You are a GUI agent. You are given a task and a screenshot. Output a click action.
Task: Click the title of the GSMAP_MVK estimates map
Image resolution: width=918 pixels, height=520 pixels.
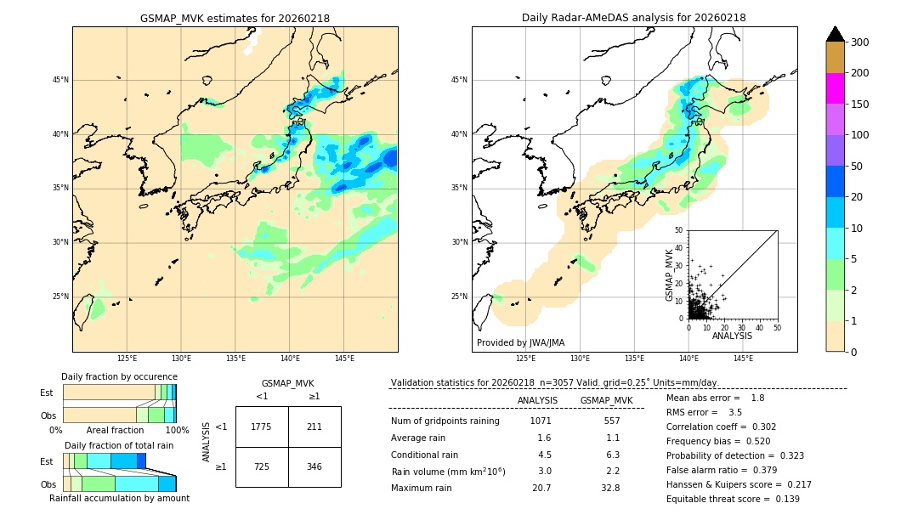point(235,18)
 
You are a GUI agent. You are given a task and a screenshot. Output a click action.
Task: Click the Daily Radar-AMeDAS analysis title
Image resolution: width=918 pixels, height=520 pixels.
point(634,18)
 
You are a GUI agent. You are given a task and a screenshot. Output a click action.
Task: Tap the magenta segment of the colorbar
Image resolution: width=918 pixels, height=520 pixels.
point(836,88)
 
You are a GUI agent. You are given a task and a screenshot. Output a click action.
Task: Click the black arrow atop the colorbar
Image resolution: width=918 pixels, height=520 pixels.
point(836,34)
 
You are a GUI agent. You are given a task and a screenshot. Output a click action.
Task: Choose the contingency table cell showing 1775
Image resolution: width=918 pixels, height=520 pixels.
point(262,427)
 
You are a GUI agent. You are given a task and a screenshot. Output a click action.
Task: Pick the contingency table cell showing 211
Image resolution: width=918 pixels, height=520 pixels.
point(314,427)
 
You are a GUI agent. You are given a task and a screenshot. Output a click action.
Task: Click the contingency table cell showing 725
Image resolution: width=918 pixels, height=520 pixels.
point(262,466)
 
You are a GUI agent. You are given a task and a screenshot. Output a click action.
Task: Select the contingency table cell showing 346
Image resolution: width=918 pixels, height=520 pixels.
point(314,466)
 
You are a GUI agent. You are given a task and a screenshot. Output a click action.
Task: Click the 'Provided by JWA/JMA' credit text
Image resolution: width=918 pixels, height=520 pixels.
point(520,342)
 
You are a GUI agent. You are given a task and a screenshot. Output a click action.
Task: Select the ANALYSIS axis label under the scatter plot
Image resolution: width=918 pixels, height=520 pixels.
point(732,336)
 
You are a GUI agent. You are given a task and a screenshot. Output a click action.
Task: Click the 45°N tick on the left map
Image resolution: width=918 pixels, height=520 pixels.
point(60,80)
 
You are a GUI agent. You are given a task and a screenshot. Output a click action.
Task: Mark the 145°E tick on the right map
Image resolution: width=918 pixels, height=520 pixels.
point(743,359)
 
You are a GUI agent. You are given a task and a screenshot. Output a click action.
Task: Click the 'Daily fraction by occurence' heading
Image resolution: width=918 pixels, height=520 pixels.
point(119,376)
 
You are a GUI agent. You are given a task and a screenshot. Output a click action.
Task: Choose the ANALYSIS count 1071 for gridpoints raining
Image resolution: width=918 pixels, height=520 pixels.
point(541,421)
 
